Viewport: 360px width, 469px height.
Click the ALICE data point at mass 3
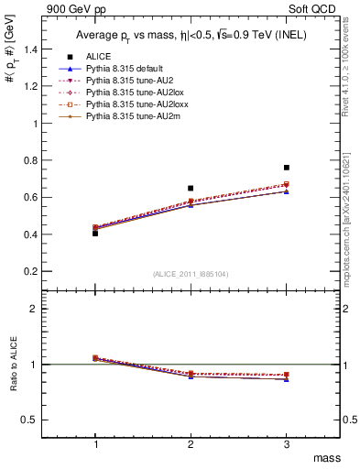pos(287,168)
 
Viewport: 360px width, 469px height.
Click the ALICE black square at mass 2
pos(191,188)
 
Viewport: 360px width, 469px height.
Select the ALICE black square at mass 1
pos(95,234)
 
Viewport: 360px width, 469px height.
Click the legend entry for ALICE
pos(99,57)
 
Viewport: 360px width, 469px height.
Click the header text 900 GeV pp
pos(79,8)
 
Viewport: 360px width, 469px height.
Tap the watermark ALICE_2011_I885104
pos(191,274)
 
